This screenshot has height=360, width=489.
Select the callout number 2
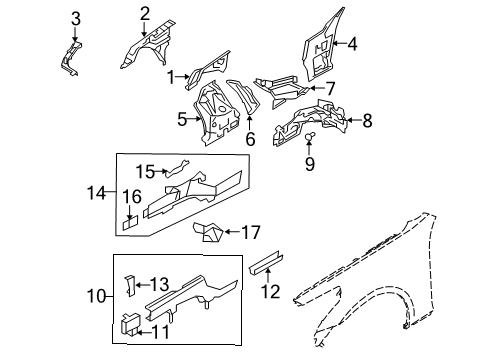click(x=144, y=13)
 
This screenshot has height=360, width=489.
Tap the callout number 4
click(x=351, y=43)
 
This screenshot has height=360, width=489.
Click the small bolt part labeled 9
click(x=310, y=137)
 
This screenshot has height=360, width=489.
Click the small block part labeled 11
click(x=128, y=322)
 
